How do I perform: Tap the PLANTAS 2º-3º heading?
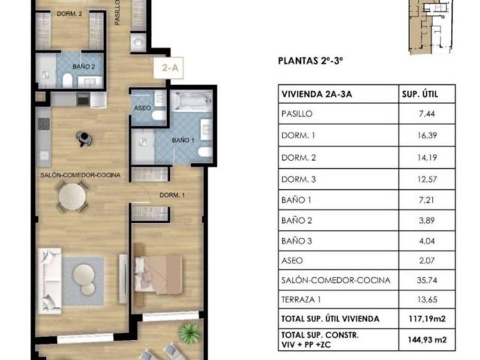click(x=310, y=61)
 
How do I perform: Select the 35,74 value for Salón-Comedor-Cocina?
click(x=427, y=280)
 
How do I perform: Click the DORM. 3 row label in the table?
click(x=298, y=179)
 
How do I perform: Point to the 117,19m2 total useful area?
click(x=427, y=319)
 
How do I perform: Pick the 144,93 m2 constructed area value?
click(x=427, y=339)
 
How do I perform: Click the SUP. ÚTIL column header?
click(x=419, y=94)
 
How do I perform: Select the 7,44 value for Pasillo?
click(x=427, y=114)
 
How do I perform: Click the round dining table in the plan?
click(x=72, y=197)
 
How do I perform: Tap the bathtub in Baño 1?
click(x=191, y=101)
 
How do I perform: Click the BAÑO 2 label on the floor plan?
click(x=83, y=66)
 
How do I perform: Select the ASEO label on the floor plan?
click(x=142, y=108)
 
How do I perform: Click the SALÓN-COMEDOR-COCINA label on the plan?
click(x=81, y=175)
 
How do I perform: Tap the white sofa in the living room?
click(x=50, y=281)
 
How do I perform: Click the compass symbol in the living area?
click(x=84, y=139)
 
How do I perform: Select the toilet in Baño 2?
click(x=67, y=80)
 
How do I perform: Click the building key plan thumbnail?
click(x=431, y=27)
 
